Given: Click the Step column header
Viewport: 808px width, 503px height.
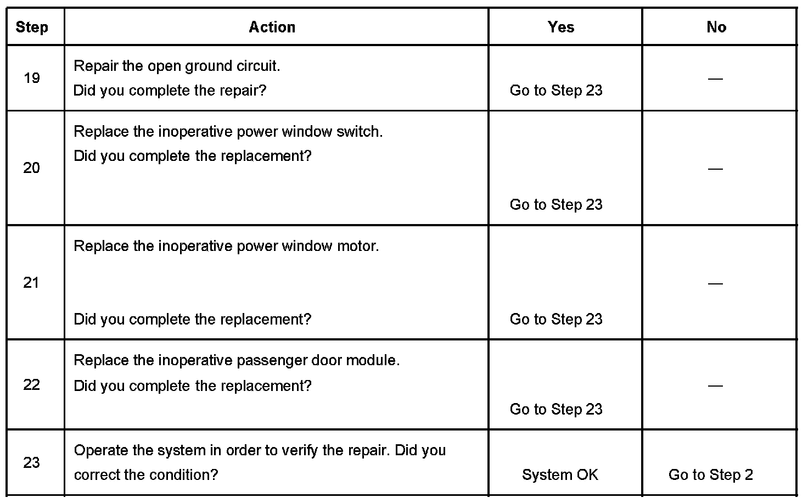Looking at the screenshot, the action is coord(32,27).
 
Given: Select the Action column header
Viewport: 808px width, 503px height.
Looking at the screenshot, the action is coord(272,27).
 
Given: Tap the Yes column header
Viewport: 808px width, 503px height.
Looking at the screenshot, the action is coord(561,27).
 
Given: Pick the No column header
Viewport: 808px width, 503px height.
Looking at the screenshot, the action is coord(716,27).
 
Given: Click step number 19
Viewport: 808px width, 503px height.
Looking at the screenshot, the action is coord(32,78).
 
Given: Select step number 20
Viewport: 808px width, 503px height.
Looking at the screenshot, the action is coord(32,168).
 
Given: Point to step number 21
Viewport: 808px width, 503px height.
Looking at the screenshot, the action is coord(32,283).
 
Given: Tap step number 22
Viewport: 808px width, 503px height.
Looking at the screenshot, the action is coord(32,384).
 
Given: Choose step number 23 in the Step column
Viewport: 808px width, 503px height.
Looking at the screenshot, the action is coord(32,462).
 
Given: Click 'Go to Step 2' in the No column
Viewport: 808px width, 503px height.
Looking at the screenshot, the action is coord(711,475).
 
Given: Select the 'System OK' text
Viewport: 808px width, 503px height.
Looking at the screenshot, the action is coord(560,475).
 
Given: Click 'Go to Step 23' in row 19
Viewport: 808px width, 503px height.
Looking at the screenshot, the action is coord(556,91).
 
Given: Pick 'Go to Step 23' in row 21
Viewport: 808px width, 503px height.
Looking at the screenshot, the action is coord(556,319).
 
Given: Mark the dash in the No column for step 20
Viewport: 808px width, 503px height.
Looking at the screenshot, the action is coord(715,169).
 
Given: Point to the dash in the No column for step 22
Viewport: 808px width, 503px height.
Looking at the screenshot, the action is coord(715,385).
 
